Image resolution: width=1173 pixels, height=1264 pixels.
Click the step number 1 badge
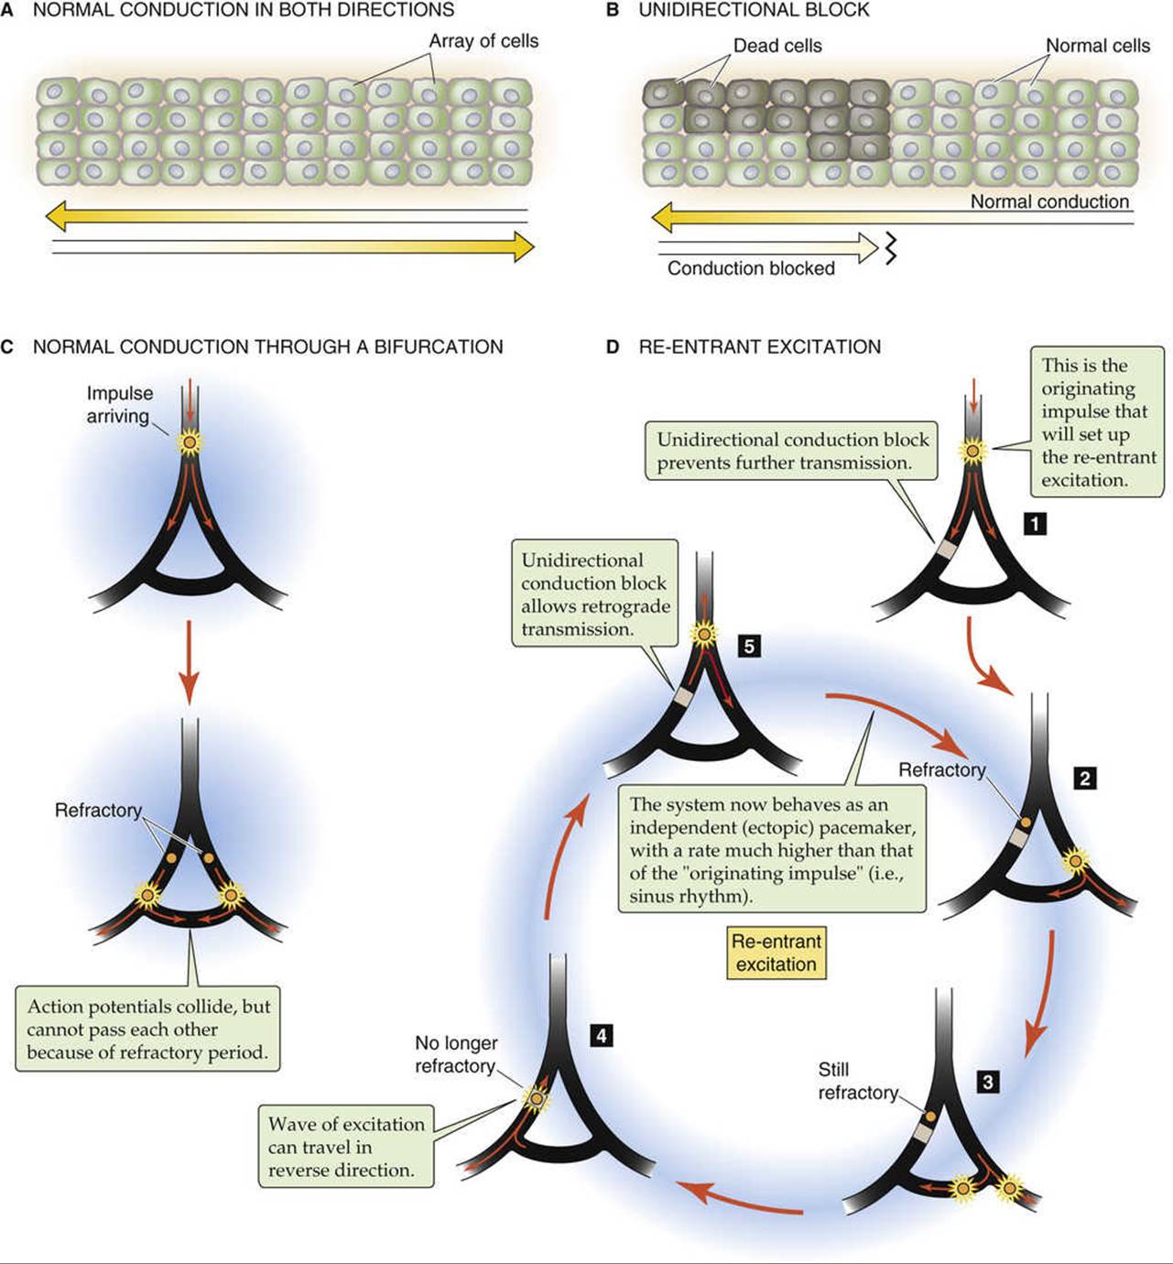click(x=1035, y=524)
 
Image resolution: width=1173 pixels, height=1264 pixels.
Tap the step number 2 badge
click(x=1085, y=778)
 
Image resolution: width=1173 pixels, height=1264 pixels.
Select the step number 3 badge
click(x=988, y=1082)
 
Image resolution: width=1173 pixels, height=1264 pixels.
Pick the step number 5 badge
click(x=749, y=647)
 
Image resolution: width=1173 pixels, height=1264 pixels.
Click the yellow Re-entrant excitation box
click(x=776, y=953)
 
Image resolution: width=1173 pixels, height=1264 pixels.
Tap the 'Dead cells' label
click(x=777, y=46)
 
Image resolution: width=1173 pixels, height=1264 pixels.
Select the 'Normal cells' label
click(x=1098, y=46)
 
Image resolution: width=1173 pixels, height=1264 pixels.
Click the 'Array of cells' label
click(x=483, y=41)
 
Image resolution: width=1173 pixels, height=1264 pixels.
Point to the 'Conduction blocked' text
click(x=751, y=268)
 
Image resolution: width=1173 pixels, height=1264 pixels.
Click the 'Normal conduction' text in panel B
click(x=1049, y=202)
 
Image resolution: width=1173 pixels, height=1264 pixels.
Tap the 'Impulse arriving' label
click(x=120, y=405)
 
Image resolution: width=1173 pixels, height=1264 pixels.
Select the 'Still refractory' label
click(x=857, y=1081)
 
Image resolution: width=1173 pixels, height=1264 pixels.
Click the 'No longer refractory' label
click(x=456, y=1054)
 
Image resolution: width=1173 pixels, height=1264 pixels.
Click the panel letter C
click(x=7, y=347)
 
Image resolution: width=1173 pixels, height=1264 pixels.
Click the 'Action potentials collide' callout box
click(x=147, y=1030)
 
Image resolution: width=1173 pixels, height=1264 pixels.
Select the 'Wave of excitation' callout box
click(x=346, y=1146)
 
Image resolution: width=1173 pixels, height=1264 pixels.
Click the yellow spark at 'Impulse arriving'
click(x=189, y=441)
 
